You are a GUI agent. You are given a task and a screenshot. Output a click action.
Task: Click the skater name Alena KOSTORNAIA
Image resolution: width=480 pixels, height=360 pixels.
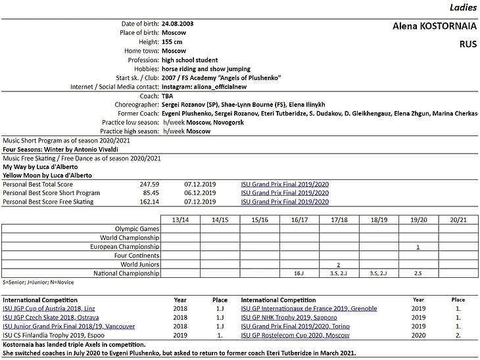(x=433, y=27)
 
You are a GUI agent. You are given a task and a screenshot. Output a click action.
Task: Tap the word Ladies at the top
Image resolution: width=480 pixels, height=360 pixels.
(x=463, y=8)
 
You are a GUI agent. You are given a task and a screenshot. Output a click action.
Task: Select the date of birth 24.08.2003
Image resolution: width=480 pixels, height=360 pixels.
(x=178, y=24)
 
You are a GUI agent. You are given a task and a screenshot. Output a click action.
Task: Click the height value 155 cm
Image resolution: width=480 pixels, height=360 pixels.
(x=173, y=41)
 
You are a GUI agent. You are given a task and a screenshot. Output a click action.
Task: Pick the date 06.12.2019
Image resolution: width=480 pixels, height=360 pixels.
(x=200, y=193)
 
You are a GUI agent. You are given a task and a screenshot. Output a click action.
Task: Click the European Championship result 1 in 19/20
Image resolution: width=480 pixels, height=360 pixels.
(x=418, y=247)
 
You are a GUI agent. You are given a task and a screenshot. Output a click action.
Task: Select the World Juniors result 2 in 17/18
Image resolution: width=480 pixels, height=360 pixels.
(x=339, y=264)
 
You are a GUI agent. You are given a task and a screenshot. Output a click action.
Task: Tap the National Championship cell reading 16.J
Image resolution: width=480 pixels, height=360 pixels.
(x=299, y=273)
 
